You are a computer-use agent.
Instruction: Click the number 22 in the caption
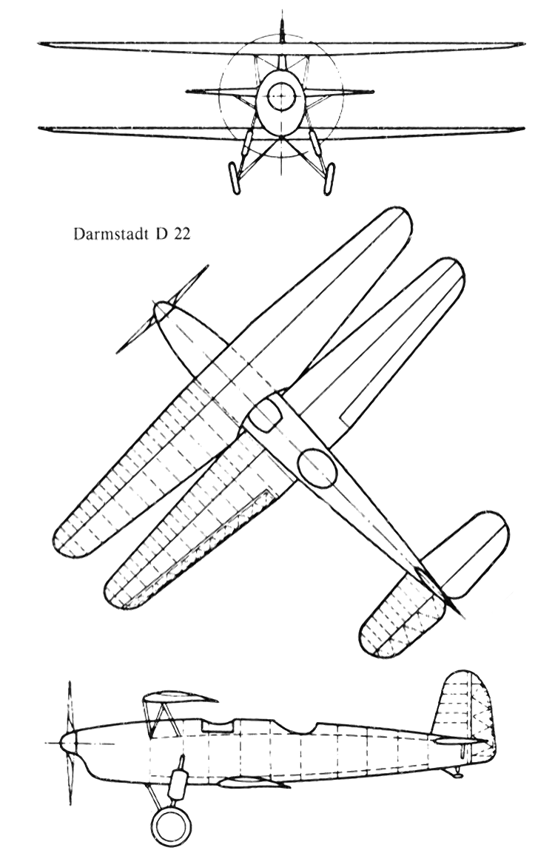coord(182,236)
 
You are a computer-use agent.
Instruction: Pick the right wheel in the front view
coord(328,178)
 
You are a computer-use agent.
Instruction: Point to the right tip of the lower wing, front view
coord(523,129)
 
